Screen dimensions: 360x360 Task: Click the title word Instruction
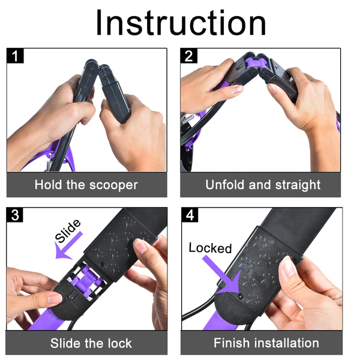pos(181,23)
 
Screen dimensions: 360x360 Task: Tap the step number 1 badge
pos(15,56)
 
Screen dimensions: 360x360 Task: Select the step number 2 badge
pos(189,56)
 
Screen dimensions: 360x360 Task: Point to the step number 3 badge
pos(14,215)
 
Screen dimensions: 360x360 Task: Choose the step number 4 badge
pos(190,215)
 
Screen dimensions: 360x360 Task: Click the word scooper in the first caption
pos(113,185)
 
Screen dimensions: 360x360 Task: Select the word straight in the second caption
pos(298,185)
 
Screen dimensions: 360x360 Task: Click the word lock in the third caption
pos(120,343)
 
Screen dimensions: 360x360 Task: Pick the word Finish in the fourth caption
pos(232,343)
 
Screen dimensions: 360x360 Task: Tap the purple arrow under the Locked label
pos(224,275)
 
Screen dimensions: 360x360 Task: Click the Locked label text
pos(210,248)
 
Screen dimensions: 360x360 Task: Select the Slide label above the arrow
pos(68,231)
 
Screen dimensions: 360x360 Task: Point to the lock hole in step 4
pos(241,296)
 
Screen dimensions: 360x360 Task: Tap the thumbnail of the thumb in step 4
pos(287,266)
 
